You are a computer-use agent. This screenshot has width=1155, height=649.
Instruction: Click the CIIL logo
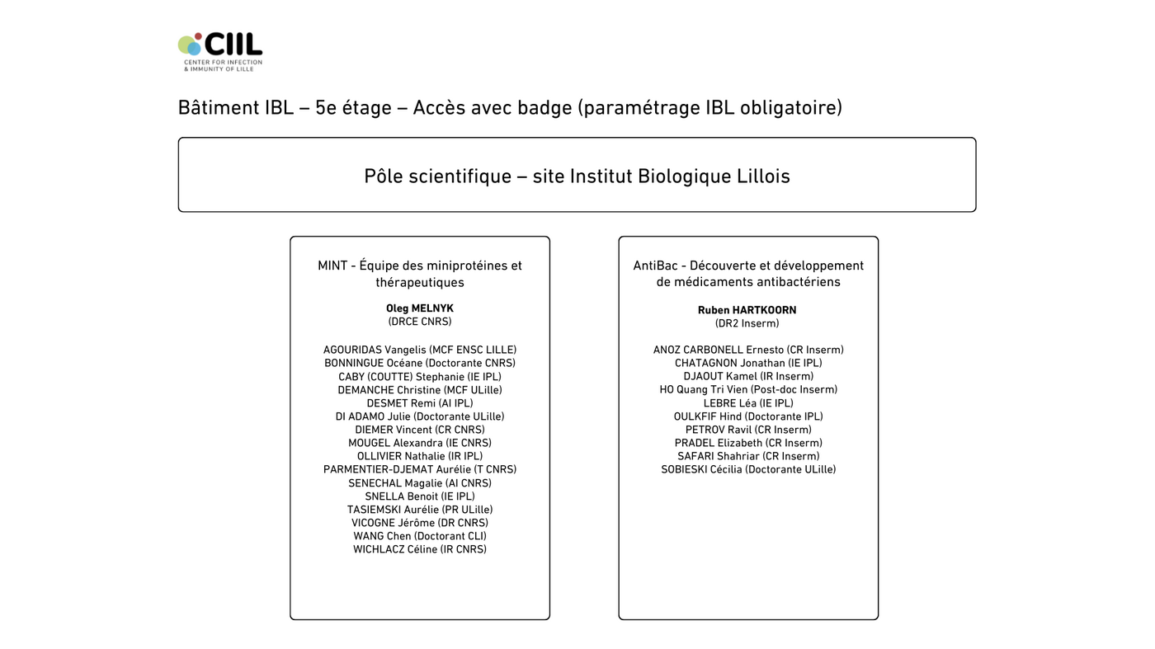219,51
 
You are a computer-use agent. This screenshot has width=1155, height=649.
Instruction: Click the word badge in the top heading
547,108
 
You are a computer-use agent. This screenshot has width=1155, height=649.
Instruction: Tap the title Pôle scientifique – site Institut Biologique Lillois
577,176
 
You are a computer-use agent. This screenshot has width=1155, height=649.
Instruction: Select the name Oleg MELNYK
419,308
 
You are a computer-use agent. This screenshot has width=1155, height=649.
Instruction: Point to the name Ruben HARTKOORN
747,310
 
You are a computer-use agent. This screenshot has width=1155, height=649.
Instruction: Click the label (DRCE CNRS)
419,322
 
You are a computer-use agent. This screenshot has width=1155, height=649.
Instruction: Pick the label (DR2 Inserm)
747,323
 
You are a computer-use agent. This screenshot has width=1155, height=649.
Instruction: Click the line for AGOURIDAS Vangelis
419,350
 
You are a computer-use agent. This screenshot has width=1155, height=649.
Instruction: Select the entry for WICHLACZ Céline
419,549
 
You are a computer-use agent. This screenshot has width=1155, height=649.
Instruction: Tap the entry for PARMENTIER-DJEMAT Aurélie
419,469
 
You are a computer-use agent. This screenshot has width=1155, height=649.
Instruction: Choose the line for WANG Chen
419,536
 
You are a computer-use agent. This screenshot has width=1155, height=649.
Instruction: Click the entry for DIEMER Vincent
419,430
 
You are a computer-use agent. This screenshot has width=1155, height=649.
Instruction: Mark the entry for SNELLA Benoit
419,496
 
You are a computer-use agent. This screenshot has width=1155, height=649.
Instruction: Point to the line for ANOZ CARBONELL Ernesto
747,350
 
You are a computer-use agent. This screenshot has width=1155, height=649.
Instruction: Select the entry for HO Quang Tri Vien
747,389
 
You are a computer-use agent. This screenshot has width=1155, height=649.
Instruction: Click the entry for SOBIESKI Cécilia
747,469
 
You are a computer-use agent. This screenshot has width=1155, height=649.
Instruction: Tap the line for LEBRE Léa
747,403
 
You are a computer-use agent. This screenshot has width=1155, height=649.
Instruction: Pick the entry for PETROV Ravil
747,430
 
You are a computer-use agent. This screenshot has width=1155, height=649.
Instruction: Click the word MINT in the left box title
332,266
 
